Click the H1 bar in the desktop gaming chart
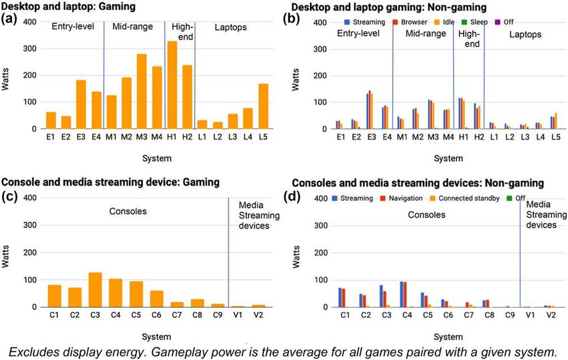tap(172, 85)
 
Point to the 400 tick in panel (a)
tap(30, 22)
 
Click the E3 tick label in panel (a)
tap(80, 138)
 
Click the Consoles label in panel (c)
tap(128, 212)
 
